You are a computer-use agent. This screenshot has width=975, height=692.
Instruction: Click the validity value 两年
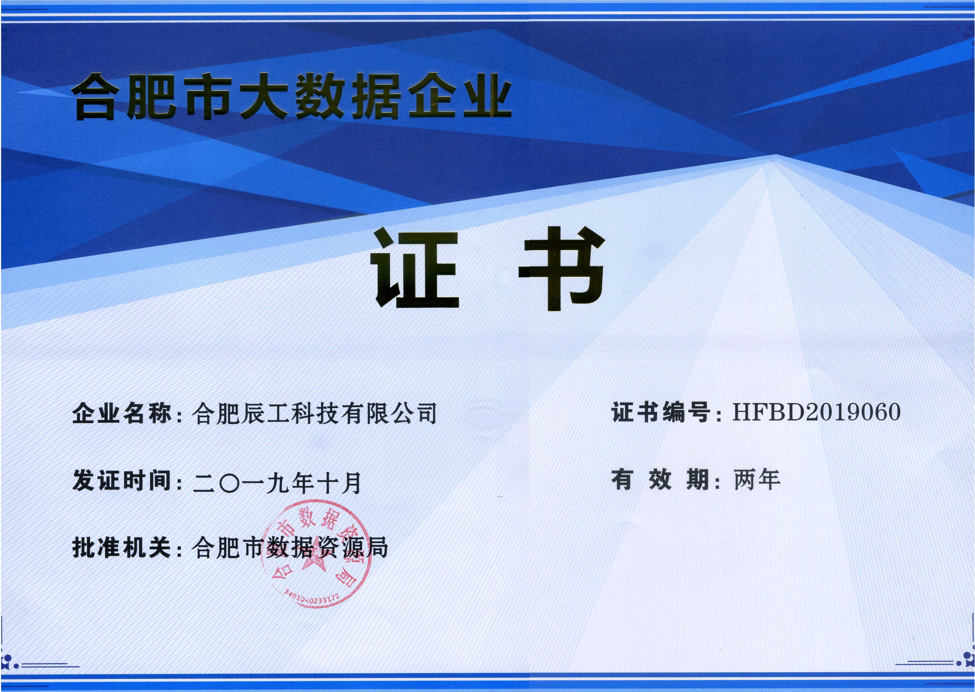coord(757,479)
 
